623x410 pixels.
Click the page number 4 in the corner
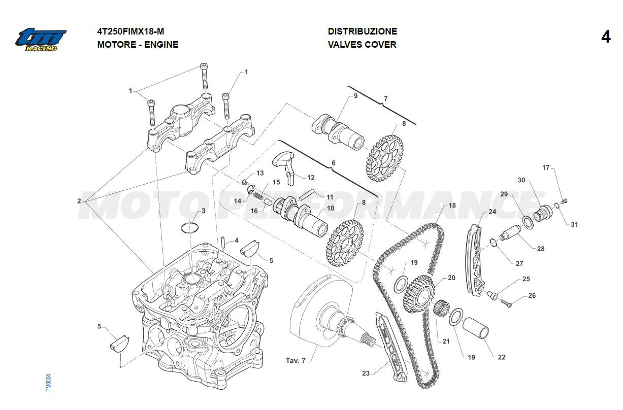click(605, 37)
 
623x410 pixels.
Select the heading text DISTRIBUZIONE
click(362, 31)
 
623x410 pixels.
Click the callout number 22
click(501, 357)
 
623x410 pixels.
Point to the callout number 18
click(452, 206)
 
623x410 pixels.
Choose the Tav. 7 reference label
click(296, 361)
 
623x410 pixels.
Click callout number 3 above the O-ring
click(203, 211)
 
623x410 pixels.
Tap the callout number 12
click(311, 178)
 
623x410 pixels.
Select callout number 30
click(521, 180)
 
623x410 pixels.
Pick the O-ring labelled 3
click(189, 227)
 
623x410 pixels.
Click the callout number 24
click(492, 212)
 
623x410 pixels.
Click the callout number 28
click(540, 249)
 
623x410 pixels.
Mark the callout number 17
click(546, 167)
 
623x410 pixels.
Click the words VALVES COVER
click(362, 45)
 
